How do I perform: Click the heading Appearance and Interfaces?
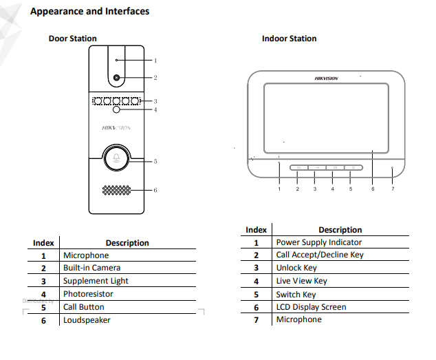[x=89, y=11]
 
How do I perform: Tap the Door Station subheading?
[x=72, y=39]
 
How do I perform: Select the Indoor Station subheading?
[x=289, y=39]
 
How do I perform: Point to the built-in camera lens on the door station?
[x=116, y=78]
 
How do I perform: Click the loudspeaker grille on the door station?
[x=116, y=190]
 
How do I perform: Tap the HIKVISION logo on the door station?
[x=116, y=128]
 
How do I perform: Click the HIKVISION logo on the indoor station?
[x=327, y=78]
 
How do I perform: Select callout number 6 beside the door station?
[x=155, y=191]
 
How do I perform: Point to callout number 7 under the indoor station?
[x=393, y=189]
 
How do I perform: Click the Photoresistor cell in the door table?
[x=88, y=294]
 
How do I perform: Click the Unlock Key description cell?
[x=296, y=268]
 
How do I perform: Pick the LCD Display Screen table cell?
[x=311, y=307]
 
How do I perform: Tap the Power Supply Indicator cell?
[x=318, y=242]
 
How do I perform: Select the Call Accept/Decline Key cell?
[x=320, y=255]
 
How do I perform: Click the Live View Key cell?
[x=301, y=281]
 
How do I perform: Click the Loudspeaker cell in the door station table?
[x=87, y=320]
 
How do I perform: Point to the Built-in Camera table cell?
[x=91, y=268]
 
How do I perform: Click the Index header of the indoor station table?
[x=256, y=230]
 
